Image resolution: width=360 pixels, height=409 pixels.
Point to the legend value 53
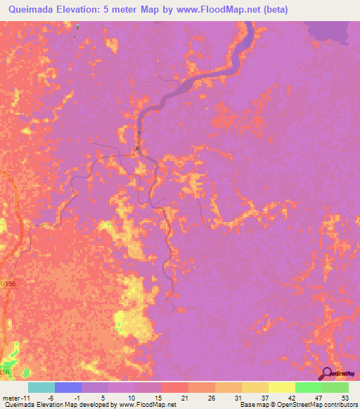pos(344,398)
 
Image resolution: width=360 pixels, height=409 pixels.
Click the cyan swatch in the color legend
pos(41,387)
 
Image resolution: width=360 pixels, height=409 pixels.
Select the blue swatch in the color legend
pos(68,387)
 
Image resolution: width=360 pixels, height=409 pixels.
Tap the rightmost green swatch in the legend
pos(335,387)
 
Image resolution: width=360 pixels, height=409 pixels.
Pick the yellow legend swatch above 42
pos(282,387)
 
